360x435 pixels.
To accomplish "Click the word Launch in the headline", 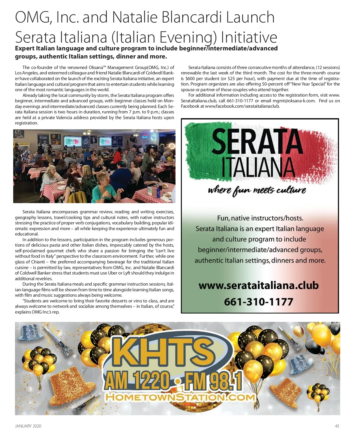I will pyautogui.click(x=250, y=17).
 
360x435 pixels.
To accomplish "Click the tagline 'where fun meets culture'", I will pyautogui.click(x=257, y=190).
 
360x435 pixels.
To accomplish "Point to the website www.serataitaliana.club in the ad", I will pyautogui.click(x=258, y=285).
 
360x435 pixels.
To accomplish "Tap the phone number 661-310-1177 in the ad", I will pyautogui.click(x=258, y=301).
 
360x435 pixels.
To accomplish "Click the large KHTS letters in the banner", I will pyautogui.click(x=165, y=351).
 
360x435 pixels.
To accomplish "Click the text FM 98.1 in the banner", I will pyautogui.click(x=213, y=381).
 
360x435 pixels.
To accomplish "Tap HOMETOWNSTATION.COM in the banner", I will pyautogui.click(x=180, y=397).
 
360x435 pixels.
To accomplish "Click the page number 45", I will pyautogui.click(x=337, y=426).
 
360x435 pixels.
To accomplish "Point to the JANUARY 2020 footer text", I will pyautogui.click(x=28, y=426).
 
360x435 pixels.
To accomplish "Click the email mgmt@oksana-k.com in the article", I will pyautogui.click(x=294, y=101).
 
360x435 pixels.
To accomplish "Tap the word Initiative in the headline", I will pyautogui.click(x=249, y=37).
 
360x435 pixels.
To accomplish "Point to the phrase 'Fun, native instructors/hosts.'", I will pyautogui.click(x=260, y=218).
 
